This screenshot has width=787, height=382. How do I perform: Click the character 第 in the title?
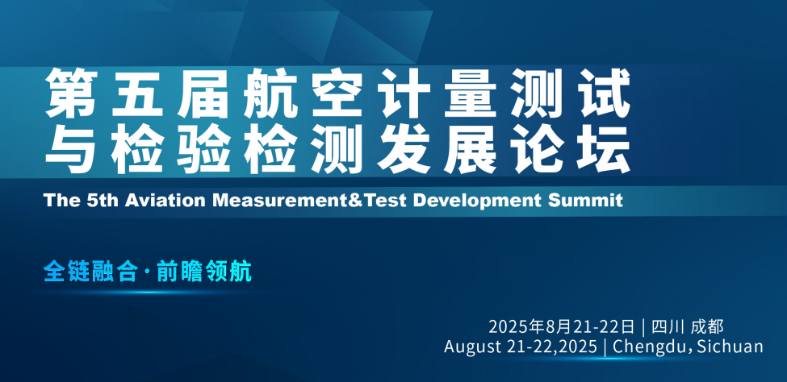click(71, 93)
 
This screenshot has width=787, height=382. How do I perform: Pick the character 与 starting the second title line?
click(71, 148)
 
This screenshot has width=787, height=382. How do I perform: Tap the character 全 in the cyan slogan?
click(54, 272)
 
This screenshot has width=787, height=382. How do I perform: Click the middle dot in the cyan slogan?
click(147, 272)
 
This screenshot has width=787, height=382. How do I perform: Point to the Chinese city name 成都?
click(707, 326)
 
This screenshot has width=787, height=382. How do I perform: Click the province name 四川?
click(668, 326)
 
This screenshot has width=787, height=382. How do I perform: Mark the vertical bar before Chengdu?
click(606, 347)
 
